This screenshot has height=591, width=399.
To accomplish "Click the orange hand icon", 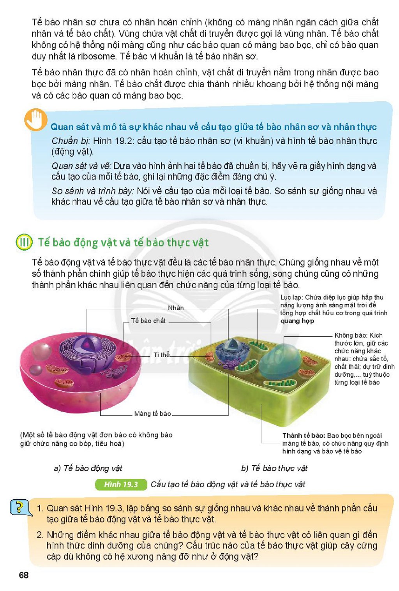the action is [x=36, y=120].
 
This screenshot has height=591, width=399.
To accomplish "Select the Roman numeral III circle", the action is [x=24, y=242].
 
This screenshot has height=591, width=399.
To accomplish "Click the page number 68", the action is [x=24, y=575].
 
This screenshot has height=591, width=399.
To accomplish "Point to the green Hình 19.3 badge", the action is [x=121, y=484].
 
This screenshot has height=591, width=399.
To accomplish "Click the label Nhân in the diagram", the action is [x=176, y=308].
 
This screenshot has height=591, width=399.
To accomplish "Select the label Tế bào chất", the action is [x=148, y=321].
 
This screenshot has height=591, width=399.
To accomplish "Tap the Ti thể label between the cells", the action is [x=161, y=355].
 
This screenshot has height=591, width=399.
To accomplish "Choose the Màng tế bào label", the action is [x=152, y=413].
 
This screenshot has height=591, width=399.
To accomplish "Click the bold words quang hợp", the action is [x=297, y=321].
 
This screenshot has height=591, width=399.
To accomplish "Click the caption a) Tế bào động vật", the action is [x=88, y=468].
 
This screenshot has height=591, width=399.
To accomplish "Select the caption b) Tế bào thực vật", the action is [x=274, y=468].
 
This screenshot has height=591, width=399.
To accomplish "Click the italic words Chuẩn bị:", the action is [x=71, y=141].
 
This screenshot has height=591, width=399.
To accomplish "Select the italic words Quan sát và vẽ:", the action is [x=81, y=166].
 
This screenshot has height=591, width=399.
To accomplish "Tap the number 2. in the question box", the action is [x=41, y=535].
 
